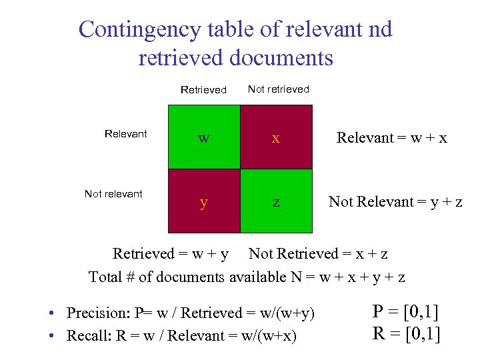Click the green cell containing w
pos(203,137)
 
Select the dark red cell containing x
pos(275,137)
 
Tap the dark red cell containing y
pos(203,201)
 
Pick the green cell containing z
pos(275,201)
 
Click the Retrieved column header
pos(203,90)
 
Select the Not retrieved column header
pos(279,89)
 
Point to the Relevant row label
pos(125,134)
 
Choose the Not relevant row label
pos(113,194)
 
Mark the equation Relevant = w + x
pos(391,138)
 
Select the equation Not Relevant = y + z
pos(395,202)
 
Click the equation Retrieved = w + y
pos(171,254)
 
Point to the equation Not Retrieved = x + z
pos(318,254)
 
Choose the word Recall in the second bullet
pos(86,335)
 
